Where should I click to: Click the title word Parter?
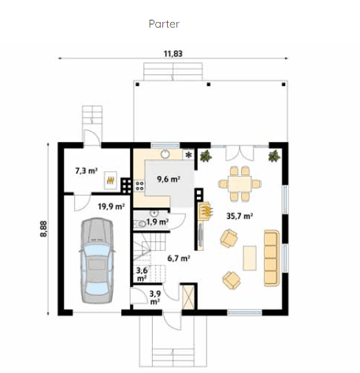(164, 24)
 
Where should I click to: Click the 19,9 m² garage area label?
(111, 207)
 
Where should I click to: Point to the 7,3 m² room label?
(86, 170)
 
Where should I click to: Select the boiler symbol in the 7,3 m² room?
(110, 181)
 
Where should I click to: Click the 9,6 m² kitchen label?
(169, 179)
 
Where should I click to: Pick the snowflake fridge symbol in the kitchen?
(188, 155)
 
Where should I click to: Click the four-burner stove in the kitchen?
(139, 187)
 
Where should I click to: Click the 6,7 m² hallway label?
(179, 258)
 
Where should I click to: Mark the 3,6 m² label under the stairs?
(142, 274)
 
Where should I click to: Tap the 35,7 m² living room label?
(239, 214)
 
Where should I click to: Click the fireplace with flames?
(206, 211)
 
